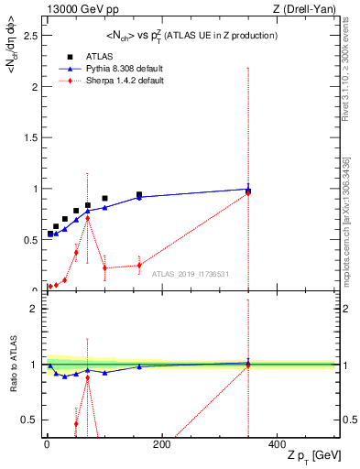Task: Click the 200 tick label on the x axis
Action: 161,444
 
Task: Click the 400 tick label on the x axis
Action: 277,444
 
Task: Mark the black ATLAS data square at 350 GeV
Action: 248,191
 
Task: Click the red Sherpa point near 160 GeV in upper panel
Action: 139,266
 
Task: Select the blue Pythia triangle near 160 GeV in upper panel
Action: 139,197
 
